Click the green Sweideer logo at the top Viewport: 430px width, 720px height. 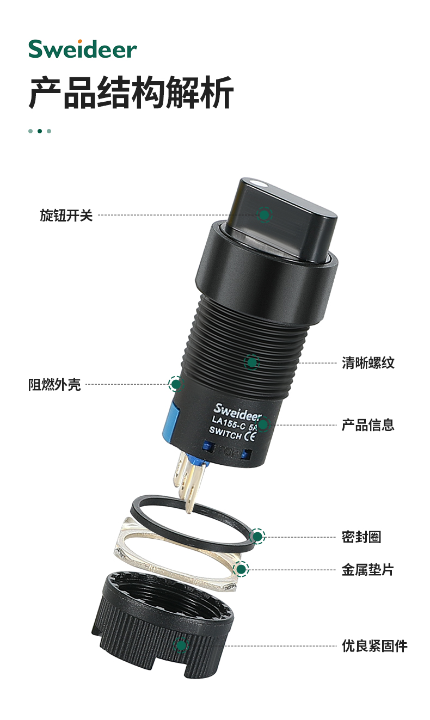coord(83,49)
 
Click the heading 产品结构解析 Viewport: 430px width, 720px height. coord(131,93)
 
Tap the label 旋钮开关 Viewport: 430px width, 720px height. coord(66,215)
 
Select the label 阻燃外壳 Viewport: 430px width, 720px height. coord(54,384)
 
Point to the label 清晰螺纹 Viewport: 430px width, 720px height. coord(368,363)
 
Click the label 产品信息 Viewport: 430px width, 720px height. coord(368,425)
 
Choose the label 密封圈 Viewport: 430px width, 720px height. coord(361,537)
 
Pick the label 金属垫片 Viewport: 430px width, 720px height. coord(368,570)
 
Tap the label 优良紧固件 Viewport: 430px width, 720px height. coord(374,646)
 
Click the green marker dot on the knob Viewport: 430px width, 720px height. coord(265,215)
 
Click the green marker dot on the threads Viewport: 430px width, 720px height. coord(251,362)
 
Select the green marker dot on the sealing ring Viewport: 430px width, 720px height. coord(257,537)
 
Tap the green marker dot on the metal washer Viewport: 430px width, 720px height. coord(241,569)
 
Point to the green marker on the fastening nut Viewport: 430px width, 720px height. coord(181,645)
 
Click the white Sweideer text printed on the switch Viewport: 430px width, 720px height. coord(238,413)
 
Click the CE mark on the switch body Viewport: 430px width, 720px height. coord(250,436)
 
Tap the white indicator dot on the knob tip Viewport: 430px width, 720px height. coord(259,184)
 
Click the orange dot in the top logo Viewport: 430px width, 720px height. coord(79,41)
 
